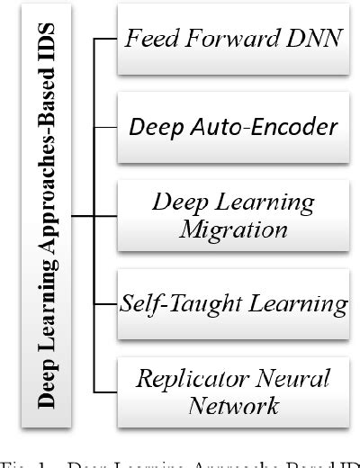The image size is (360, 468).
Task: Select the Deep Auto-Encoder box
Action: pos(233,127)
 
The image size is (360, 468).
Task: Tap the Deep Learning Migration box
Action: pos(233,216)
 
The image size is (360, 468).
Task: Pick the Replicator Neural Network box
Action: pos(233,391)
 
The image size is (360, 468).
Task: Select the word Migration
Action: pos(233,229)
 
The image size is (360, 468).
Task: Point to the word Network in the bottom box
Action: pos(233,405)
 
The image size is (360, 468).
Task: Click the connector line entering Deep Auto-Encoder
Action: pos(106,127)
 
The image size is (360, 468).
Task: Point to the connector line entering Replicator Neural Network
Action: pos(106,391)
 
